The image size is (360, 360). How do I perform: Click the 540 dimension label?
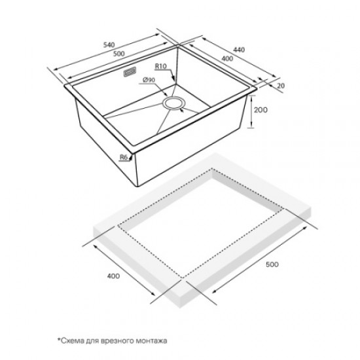pos(109,45)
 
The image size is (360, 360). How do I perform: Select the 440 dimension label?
pos(239,50)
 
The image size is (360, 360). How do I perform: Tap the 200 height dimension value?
pos(261,110)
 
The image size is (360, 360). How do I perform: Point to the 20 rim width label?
pos(281,86)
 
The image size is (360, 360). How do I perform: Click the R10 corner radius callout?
pos(161,66)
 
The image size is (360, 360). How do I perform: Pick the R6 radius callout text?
pos(124,157)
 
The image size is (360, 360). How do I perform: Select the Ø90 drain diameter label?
pos(149,80)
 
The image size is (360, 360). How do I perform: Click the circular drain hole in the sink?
pos(173,103)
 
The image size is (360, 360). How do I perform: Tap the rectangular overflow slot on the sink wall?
pos(130,72)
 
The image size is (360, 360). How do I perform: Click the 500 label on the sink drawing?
pos(119,54)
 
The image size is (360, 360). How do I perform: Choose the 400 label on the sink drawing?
pos(227,59)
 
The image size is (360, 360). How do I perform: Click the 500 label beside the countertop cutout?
pos(272,264)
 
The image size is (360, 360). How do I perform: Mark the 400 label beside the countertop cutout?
pos(114,276)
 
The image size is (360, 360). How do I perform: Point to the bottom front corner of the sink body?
pos(137,186)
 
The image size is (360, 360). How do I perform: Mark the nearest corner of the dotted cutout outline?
pos(183,278)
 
